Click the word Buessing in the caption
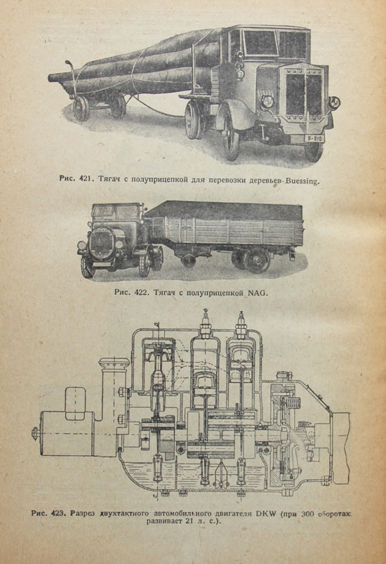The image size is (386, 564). tap(302, 181)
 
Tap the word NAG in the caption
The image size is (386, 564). tap(258, 292)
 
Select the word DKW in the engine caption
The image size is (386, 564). tap(265, 513)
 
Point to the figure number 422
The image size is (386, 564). tap(141, 292)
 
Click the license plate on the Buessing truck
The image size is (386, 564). tap(314, 138)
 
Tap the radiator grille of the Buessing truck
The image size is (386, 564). tap(304, 94)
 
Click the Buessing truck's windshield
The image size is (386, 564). tap(260, 43)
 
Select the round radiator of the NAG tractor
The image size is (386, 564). tap(102, 242)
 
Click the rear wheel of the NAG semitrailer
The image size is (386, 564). tap(256, 260)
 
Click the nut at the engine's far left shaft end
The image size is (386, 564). tap(35, 433)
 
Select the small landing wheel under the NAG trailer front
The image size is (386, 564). tap(189, 261)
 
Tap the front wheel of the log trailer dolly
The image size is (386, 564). tap(81, 108)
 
